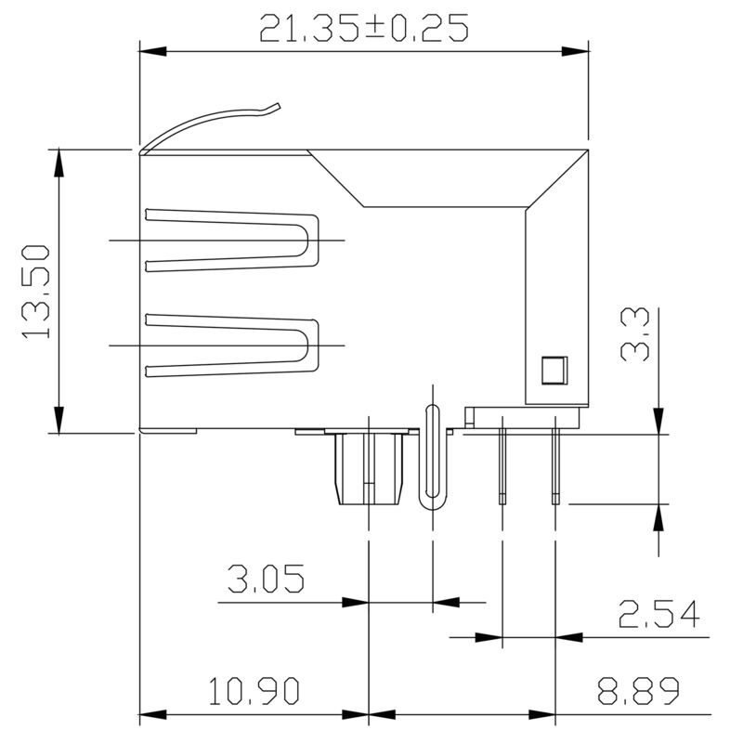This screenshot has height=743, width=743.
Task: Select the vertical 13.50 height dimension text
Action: (34, 291)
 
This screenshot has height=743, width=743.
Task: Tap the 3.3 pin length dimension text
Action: (636, 335)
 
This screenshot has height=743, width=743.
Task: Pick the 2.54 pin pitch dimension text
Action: (658, 614)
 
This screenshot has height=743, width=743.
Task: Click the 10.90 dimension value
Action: (253, 692)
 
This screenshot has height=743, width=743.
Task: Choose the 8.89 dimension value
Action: (638, 692)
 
